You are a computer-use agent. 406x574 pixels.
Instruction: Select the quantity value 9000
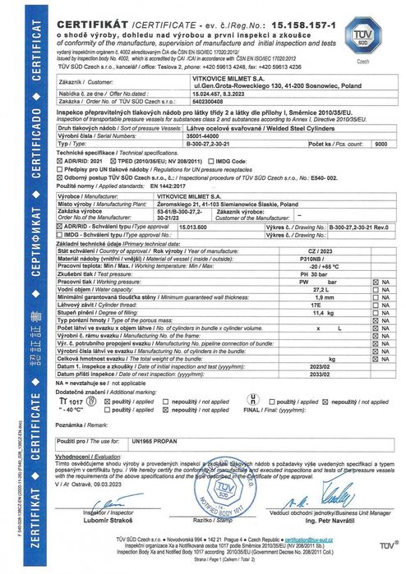[x=381, y=141]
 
